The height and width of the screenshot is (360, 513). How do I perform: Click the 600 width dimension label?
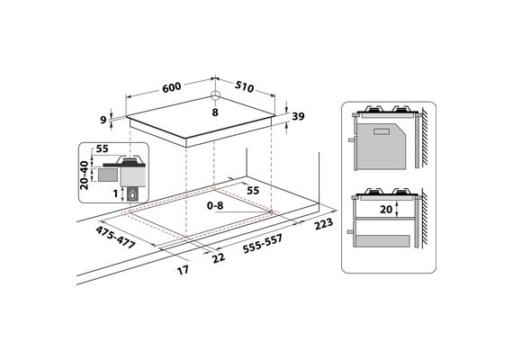pos(171,87)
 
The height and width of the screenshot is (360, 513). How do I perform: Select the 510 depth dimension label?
pos(245,86)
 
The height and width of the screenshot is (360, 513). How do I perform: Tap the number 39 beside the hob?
pos(298,116)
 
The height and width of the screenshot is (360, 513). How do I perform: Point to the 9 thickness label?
pos(103,120)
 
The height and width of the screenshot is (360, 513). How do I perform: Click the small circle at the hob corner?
pos(215,96)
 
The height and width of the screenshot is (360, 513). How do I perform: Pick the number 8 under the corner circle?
pos(215,112)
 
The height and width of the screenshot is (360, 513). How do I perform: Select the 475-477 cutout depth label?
pos(115,238)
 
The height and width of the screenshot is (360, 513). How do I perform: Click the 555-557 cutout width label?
pos(263,244)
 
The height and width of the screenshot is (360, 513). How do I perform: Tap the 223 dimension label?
pos(324,224)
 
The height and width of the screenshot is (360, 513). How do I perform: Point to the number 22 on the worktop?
pos(219,257)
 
